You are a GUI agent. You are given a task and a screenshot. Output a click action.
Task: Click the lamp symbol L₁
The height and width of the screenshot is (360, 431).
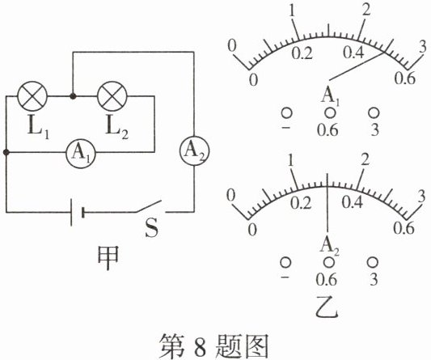(x=32, y=96)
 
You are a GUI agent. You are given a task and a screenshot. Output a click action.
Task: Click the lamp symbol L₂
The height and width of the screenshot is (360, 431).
(x=112, y=96)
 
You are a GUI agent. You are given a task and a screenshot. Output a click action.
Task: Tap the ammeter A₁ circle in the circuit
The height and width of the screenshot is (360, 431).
(x=81, y=152)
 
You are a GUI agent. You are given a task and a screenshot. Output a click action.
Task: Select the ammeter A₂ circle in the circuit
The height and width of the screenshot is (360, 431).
(x=194, y=150)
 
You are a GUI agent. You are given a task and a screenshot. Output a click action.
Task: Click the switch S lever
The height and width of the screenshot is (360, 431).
(x=148, y=206)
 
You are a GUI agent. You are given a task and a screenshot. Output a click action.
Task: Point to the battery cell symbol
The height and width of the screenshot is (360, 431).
(x=77, y=212)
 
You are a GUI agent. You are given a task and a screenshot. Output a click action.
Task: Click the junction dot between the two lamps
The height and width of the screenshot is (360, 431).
(x=73, y=96)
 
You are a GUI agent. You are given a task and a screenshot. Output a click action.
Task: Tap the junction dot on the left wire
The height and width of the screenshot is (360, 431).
(x=6, y=152)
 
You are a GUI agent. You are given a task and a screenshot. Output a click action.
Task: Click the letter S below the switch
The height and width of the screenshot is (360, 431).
(x=152, y=228)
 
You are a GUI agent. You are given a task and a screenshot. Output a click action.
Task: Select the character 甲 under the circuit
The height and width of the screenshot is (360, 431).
(x=108, y=258)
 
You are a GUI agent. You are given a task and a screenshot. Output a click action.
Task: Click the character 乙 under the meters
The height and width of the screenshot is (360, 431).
(x=327, y=307)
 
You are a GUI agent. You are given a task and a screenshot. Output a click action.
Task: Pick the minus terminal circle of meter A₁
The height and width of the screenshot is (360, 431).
(x=286, y=113)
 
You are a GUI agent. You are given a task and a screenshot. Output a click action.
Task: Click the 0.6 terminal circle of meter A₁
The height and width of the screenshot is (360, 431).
(x=330, y=112)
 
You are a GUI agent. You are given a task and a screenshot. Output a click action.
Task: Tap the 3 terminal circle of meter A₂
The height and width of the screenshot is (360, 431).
(x=373, y=262)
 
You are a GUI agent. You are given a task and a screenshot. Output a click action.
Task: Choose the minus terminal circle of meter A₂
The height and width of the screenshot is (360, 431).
(x=285, y=262)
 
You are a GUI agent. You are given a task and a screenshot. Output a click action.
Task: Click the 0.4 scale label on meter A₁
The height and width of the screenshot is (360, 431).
(x=353, y=53)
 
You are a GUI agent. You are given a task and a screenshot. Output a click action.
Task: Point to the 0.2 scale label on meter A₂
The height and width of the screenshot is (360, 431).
(x=301, y=203)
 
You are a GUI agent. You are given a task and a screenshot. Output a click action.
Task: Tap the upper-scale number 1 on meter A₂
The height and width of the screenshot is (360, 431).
(x=291, y=160)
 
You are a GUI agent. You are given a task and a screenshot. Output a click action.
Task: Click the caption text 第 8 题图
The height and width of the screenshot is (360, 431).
(x=214, y=345)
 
